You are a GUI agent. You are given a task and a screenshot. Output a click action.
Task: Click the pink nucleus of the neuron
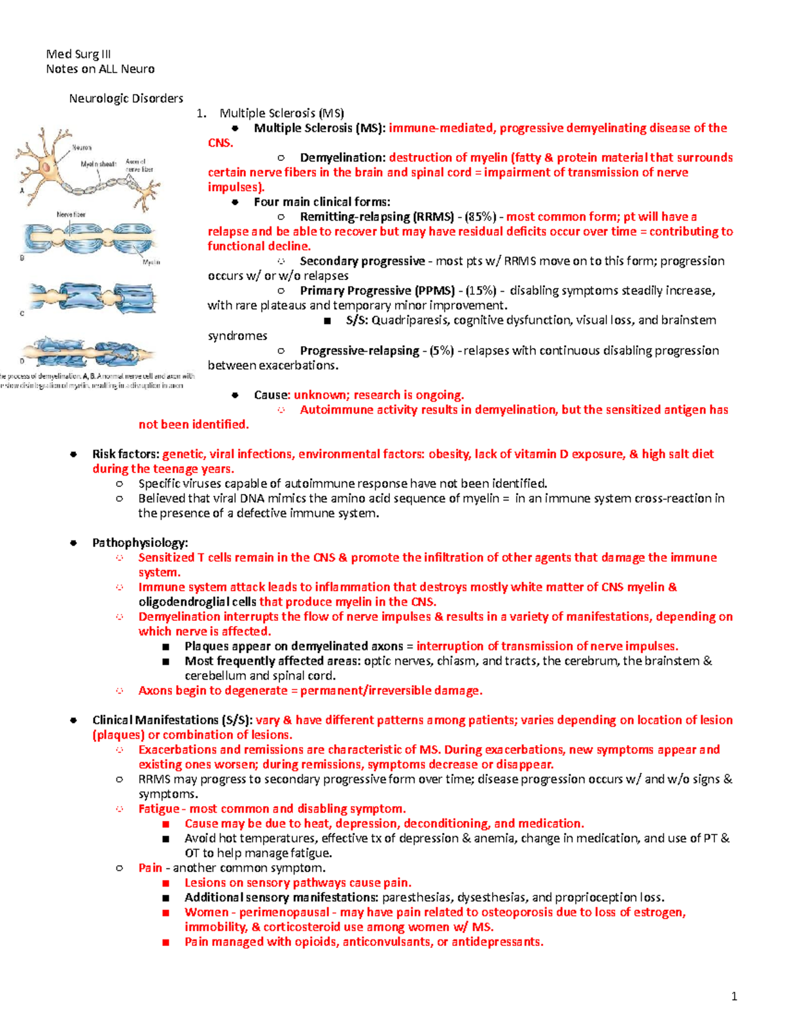[x=46, y=167]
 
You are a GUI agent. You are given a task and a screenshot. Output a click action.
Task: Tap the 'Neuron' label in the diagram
[x=82, y=148]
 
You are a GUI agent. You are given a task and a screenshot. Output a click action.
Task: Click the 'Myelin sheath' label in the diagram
[x=98, y=164]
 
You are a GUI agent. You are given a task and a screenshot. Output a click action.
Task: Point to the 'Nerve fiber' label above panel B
[x=71, y=215]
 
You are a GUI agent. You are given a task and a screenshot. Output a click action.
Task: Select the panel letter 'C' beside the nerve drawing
[x=22, y=314]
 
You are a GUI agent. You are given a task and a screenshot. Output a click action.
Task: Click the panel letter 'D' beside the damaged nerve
[x=22, y=360]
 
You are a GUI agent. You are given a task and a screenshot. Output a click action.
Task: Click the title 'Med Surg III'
[x=78, y=54]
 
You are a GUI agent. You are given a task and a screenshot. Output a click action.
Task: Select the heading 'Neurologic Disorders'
[x=126, y=99]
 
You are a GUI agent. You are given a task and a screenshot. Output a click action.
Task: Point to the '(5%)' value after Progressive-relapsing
[x=442, y=351]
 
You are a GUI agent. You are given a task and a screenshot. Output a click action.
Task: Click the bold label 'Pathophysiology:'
[x=140, y=543]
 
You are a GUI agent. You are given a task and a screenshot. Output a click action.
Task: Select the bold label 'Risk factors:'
[x=126, y=454]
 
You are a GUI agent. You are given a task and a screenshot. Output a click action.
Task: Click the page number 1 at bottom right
[x=734, y=996]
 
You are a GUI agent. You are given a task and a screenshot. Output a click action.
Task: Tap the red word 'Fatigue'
[x=158, y=809]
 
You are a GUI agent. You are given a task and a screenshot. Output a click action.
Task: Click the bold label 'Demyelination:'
[x=343, y=158]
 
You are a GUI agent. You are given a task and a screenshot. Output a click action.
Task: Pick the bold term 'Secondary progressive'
[x=362, y=261]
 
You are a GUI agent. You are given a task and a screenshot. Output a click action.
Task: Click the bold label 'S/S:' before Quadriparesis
[x=357, y=321]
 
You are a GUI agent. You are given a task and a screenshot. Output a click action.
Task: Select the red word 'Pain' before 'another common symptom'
[x=150, y=868]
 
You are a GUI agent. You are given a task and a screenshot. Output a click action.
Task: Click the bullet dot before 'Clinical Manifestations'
[x=74, y=720]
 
